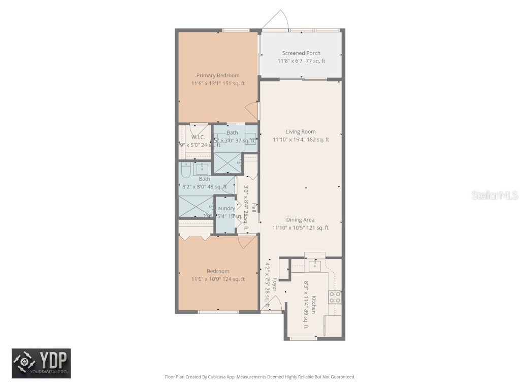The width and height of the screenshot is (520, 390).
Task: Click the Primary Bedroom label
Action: click(x=218, y=76)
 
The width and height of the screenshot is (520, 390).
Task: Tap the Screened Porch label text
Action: click(x=301, y=53)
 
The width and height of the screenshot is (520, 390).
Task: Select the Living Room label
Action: click(x=301, y=132)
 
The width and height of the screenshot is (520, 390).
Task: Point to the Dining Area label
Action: click(x=300, y=220)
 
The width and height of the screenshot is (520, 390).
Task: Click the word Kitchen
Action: click(x=314, y=305)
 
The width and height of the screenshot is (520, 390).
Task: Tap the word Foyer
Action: click(x=275, y=284)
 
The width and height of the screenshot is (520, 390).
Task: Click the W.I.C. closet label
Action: click(x=198, y=137)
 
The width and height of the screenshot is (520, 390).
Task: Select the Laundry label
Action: click(x=225, y=208)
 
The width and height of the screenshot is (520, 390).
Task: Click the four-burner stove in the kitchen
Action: click(x=334, y=297)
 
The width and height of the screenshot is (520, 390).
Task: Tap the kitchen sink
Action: click(x=315, y=265)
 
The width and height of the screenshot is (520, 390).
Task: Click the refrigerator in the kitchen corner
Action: click(x=333, y=326)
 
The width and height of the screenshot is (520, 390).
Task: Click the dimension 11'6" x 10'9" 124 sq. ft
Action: click(x=218, y=279)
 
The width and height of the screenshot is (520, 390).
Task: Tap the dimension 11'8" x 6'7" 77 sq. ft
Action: click(x=301, y=61)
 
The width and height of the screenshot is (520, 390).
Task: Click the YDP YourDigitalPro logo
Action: click(x=42, y=363)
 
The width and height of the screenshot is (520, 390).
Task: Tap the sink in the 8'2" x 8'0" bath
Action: click(x=202, y=169)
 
